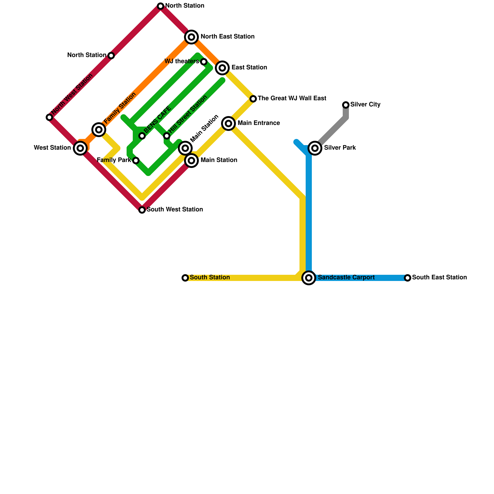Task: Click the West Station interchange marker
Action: [80, 148]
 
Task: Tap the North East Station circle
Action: [191, 37]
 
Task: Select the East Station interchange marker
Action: [222, 68]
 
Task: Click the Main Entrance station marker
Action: [228, 124]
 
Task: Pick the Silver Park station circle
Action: [315, 148]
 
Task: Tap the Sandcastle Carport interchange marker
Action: [309, 278]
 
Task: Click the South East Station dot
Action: [408, 278]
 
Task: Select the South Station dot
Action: [185, 278]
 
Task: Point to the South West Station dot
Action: [142, 210]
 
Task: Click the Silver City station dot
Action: [346, 105]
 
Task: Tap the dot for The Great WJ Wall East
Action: [253, 99]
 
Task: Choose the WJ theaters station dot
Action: [204, 62]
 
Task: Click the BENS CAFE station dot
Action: [142, 136]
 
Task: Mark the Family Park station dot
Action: [136, 161]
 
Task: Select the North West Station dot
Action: [49, 117]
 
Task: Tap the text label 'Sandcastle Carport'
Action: [346, 278]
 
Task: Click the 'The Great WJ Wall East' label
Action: [292, 98]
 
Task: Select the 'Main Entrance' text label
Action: [259, 123]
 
